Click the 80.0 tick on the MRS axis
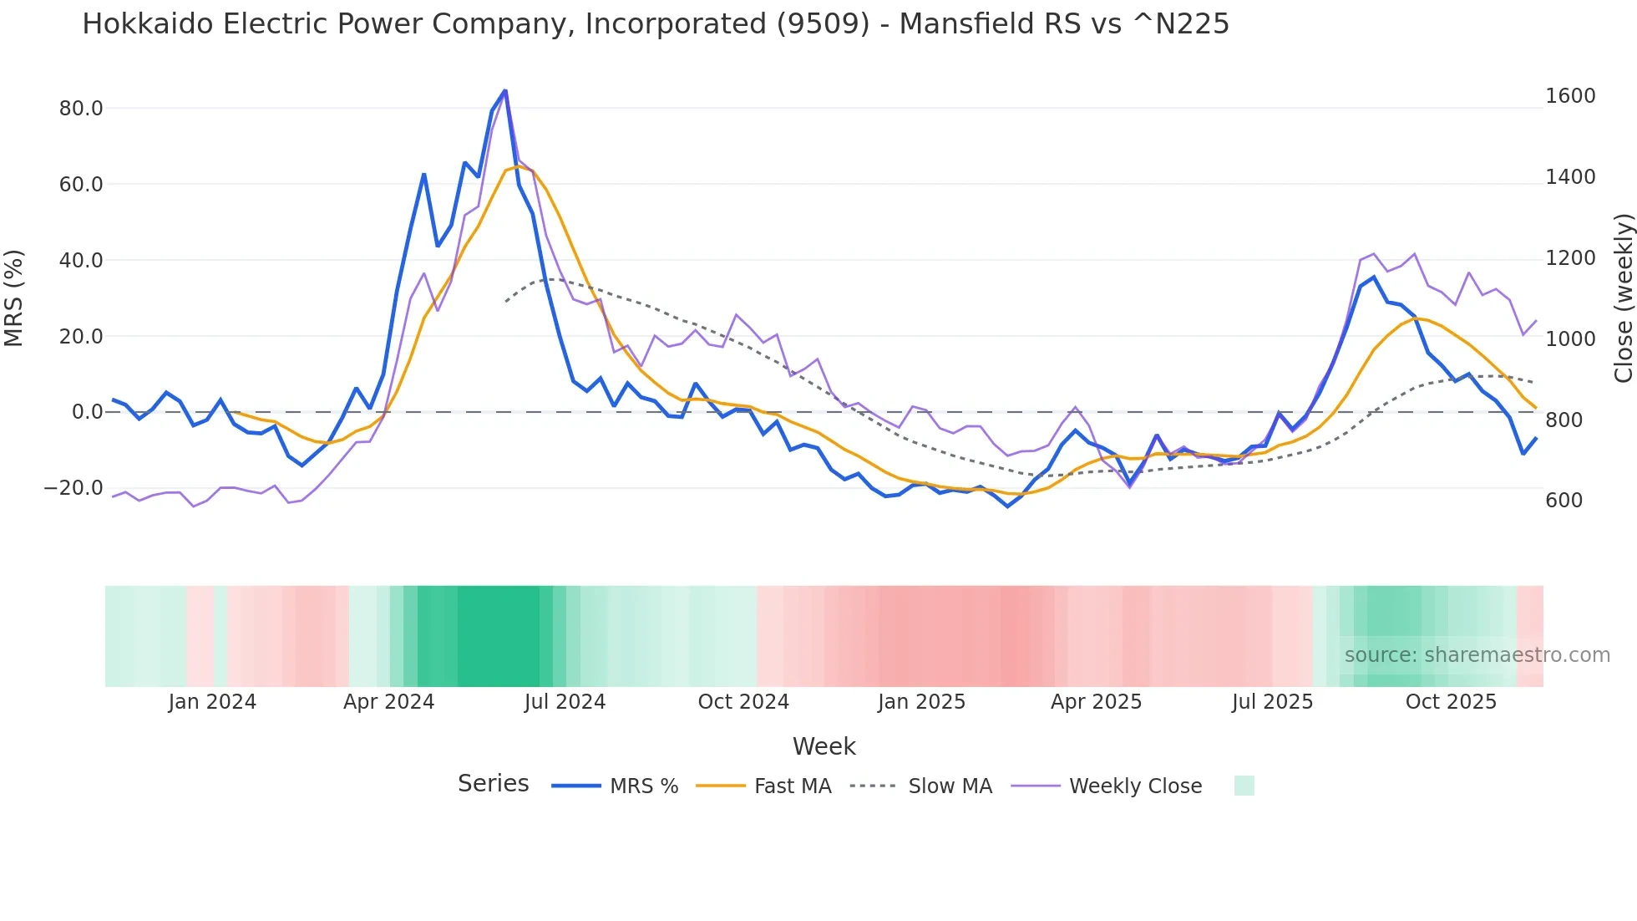[81, 109]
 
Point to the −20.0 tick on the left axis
[73, 488]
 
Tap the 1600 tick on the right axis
[1570, 96]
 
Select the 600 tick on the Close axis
[1564, 501]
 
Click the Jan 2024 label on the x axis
[212, 702]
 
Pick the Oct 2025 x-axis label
[1451, 702]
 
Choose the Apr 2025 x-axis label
[1096, 702]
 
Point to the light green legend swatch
[1244, 786]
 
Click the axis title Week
[824, 746]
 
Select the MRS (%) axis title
[14, 298]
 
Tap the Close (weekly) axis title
[1623, 298]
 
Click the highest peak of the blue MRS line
[505, 91]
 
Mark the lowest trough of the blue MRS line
[1007, 506]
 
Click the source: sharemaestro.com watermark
[1477, 655]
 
